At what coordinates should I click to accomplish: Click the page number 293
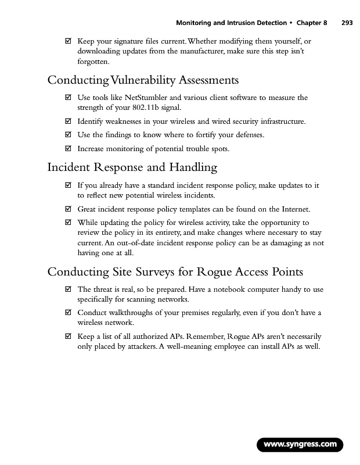tap(347, 23)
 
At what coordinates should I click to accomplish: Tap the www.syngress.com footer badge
tap(300, 445)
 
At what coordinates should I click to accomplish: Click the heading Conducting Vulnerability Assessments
tap(143, 80)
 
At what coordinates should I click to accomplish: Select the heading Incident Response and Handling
tap(132, 168)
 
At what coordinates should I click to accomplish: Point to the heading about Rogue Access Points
tap(175, 272)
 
